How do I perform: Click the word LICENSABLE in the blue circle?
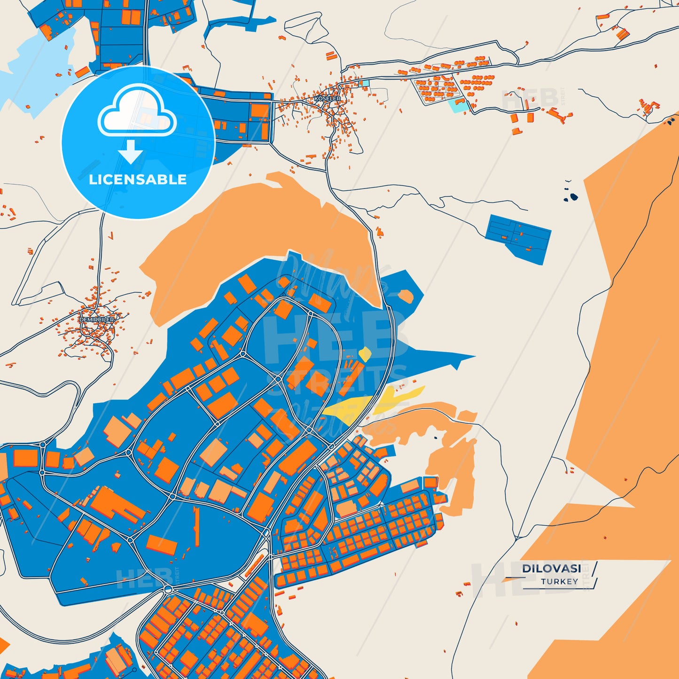pos(138,180)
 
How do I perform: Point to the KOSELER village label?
pos(327,99)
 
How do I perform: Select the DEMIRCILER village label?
pos(96,320)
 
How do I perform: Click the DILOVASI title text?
pos(551,569)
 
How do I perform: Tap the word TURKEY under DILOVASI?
pos(559,582)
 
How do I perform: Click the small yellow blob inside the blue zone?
pos(365,354)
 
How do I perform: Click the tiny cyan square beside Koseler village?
pos(366,83)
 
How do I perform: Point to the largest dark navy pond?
pos(573,197)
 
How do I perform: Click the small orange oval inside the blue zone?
pos(405,296)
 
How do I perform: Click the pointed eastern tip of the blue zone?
pos(472,357)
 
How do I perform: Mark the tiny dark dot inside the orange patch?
pos(436,438)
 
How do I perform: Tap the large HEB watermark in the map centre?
pos(329,338)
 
